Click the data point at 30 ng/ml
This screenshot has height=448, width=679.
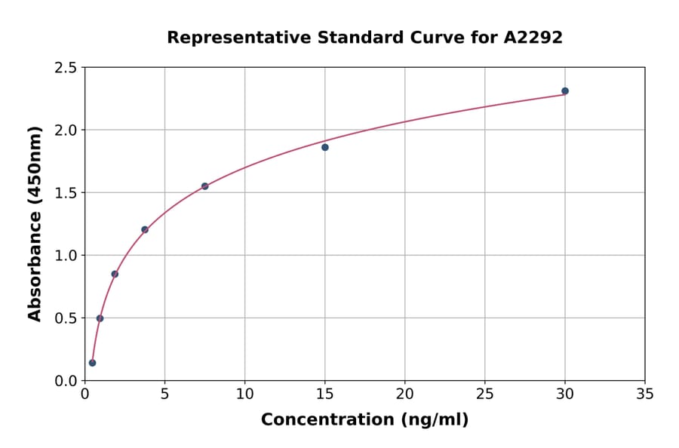coord(565,91)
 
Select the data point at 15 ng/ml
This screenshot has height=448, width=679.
coord(325,147)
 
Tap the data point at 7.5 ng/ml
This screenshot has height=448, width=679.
coord(205,186)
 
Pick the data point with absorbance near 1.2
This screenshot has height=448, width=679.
coord(145,230)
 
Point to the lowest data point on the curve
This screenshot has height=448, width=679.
coord(92,363)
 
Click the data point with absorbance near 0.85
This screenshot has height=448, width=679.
coord(115,274)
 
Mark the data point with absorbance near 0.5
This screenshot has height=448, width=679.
coord(100,318)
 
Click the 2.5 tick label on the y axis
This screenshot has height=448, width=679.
coord(65,68)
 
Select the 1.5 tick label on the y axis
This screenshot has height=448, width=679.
coord(65,193)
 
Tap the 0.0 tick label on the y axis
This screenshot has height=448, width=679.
coord(65,381)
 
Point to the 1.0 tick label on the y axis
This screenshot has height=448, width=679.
coord(65,256)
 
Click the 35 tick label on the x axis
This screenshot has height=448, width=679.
coord(645,394)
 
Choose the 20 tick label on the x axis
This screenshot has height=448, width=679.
coord(405,394)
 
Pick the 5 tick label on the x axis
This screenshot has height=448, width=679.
coord(164,394)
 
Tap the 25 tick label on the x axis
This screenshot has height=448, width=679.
coord(485,394)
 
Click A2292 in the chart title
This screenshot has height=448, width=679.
coord(533,38)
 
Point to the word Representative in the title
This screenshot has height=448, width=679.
coord(226,38)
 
